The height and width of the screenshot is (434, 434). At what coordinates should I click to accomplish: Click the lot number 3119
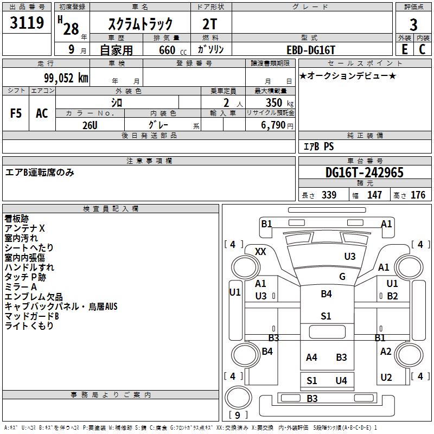tap(27, 22)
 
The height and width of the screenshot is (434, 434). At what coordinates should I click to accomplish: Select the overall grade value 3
tap(413, 25)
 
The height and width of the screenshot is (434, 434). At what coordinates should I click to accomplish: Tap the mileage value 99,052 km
tap(66, 78)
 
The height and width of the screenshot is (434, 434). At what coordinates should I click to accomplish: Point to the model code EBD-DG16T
tap(310, 50)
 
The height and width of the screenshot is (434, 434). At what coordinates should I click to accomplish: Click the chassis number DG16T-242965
tap(364, 173)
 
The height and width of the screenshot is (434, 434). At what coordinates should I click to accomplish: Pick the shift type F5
tap(16, 113)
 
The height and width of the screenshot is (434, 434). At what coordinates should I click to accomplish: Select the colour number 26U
tap(90, 125)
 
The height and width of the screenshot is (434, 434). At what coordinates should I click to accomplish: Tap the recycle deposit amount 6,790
tap(273, 125)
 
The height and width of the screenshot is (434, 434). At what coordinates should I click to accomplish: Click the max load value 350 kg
tap(279, 103)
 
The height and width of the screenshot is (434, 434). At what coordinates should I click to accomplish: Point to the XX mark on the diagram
tap(260, 252)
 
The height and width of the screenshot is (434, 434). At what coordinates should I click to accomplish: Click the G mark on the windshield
tap(342, 276)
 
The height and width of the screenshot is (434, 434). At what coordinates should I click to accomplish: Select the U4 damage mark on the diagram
tap(341, 381)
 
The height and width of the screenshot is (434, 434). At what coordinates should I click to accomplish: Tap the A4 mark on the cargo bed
tap(311, 358)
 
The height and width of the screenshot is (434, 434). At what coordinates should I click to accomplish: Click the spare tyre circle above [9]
tap(238, 398)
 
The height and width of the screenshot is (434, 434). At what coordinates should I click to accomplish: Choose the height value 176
tap(418, 195)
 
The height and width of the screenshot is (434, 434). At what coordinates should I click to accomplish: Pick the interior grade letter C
tap(422, 49)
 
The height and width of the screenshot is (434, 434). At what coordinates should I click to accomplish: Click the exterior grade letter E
tap(404, 49)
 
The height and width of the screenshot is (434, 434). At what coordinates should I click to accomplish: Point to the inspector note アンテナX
tap(24, 228)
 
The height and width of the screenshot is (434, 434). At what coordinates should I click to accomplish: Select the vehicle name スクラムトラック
tap(141, 24)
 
